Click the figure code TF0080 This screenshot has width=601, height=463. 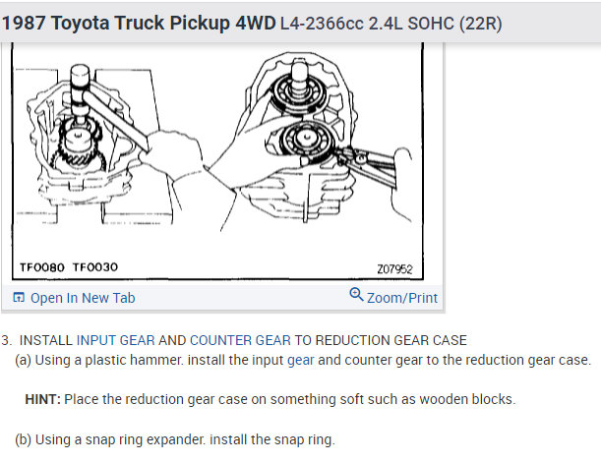click(x=43, y=267)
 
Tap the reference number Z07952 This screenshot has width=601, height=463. click(x=393, y=267)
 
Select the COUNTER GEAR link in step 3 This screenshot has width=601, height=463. click(x=240, y=340)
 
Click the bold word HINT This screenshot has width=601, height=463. click(x=42, y=399)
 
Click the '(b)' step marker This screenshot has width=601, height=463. click(x=25, y=439)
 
